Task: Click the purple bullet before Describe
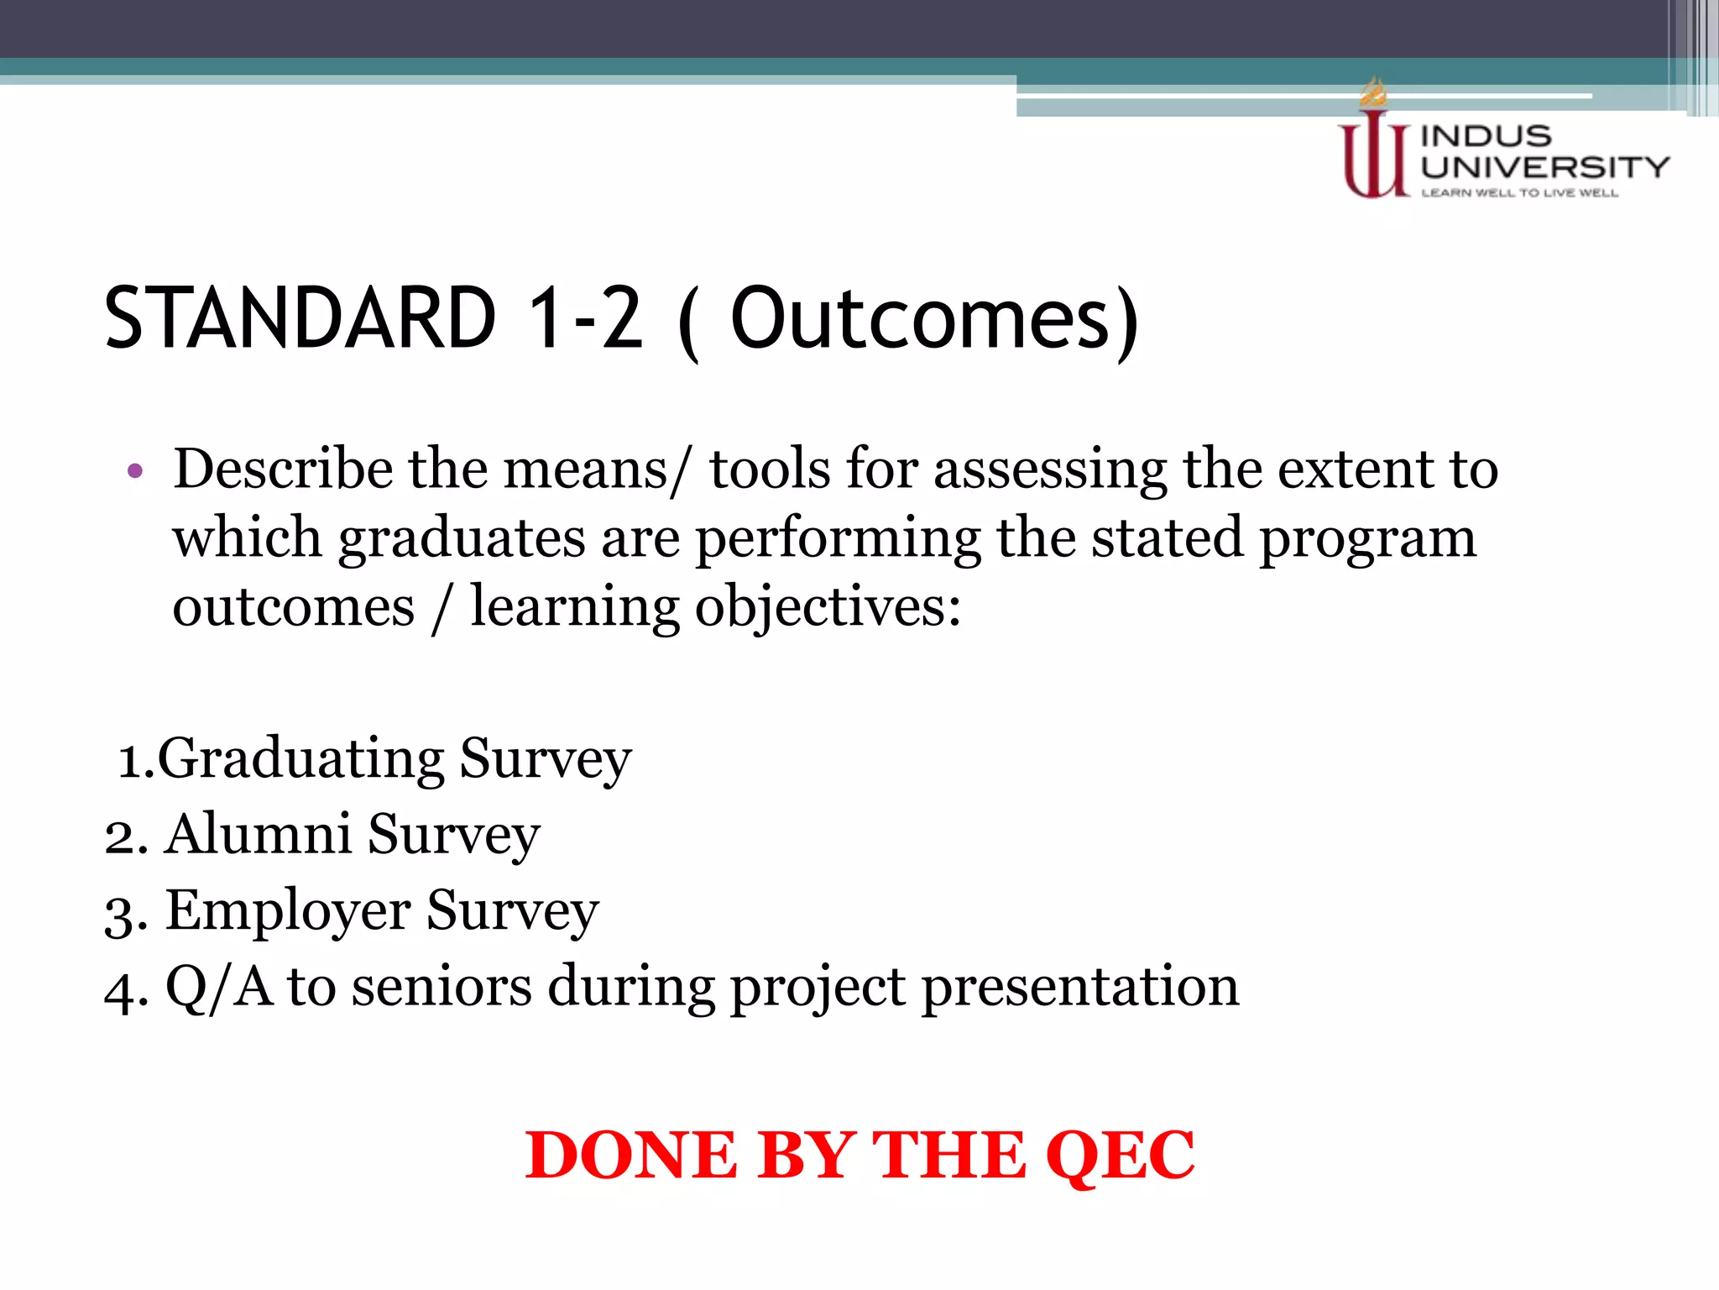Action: coord(135,471)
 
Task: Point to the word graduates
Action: coord(462,539)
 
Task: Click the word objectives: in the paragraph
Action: coord(828,608)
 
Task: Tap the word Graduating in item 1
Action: coord(300,760)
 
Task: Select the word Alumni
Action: coord(257,835)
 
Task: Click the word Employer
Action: coord(288,911)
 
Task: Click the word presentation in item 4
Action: coord(1080,988)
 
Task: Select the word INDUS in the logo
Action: coord(1486,136)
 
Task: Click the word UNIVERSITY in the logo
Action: coord(1544,167)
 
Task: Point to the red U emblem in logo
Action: coord(1373,160)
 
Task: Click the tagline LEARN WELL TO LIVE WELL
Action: coord(1519,193)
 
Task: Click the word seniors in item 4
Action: coord(442,987)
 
